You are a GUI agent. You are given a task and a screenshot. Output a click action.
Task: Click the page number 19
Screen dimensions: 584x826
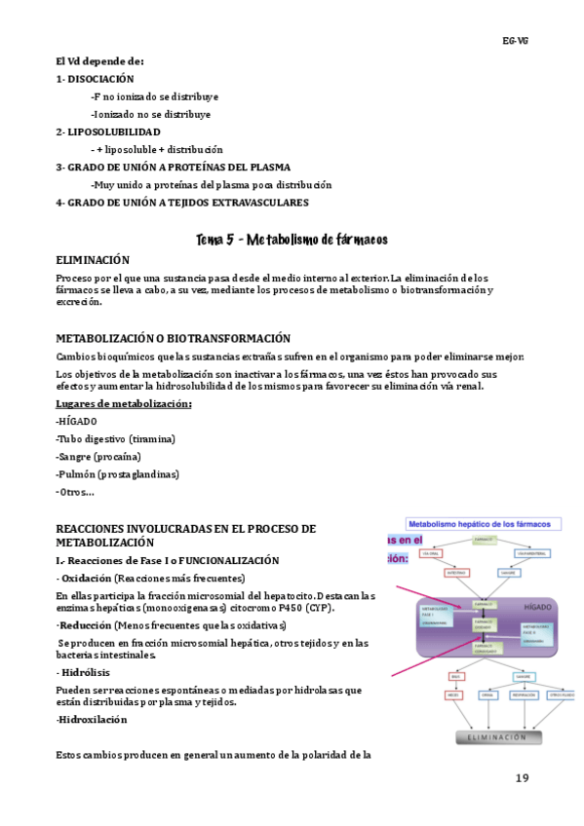pos(522,778)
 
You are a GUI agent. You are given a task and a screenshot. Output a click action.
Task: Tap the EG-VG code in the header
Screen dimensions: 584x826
pos(515,41)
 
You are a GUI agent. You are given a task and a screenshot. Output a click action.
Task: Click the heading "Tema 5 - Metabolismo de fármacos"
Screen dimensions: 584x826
pos(292,239)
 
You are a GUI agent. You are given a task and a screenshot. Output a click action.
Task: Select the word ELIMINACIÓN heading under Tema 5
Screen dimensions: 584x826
pos(93,260)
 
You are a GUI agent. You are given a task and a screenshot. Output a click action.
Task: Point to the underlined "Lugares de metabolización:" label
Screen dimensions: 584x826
pos(124,403)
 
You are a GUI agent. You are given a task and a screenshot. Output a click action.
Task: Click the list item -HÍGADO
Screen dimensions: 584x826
pos(77,421)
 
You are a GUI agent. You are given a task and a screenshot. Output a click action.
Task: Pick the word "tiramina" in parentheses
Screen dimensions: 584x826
pos(152,438)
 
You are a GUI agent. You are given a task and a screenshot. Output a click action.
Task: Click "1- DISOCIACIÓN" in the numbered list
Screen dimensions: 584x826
pos(95,79)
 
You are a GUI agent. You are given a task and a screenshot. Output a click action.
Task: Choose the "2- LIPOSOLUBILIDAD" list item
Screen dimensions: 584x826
pos(108,131)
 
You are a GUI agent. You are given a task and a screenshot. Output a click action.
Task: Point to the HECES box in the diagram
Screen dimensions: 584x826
pos(454,695)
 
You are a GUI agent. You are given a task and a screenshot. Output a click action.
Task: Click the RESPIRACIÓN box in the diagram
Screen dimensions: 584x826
pos(524,695)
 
